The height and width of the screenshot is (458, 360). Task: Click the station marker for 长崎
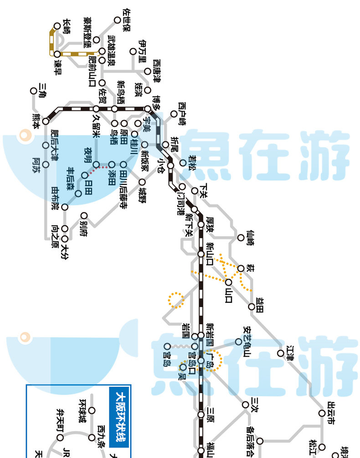click(57, 26)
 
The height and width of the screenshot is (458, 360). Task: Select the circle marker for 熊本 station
click(46, 121)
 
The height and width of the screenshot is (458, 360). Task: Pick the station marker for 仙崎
click(241, 238)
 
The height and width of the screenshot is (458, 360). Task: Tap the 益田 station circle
click(252, 307)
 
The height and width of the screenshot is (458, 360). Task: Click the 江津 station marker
click(281, 353)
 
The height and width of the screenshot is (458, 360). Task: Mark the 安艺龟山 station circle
click(238, 341)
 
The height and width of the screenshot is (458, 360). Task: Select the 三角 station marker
click(33, 91)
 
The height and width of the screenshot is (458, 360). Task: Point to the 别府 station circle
click(84, 216)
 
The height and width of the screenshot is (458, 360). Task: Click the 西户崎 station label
click(183, 113)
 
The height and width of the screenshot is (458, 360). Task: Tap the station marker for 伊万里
click(133, 51)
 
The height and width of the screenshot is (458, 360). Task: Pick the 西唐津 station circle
click(147, 71)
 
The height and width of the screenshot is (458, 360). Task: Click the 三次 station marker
click(246, 405)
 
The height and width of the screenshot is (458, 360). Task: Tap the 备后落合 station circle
click(260, 441)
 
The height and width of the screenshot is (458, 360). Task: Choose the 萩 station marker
click(241, 268)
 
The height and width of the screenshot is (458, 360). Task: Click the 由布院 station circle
click(65, 207)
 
